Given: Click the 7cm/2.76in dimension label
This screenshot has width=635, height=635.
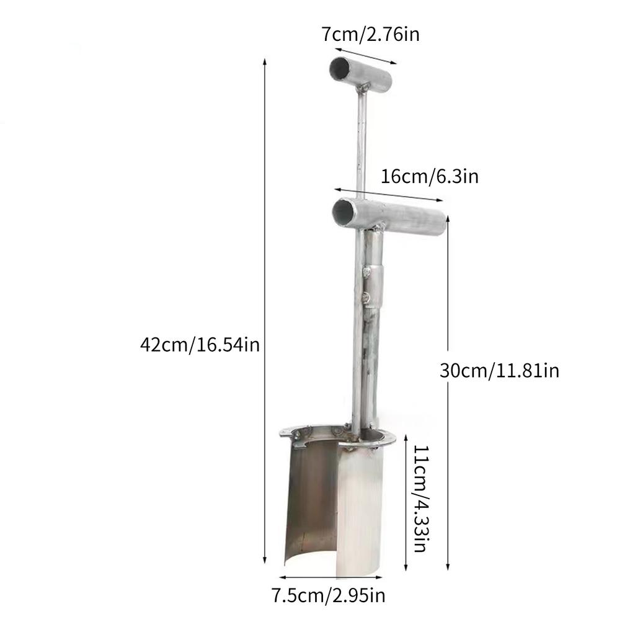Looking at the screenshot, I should (370, 34).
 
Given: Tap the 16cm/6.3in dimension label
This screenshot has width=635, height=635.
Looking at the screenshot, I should (429, 177).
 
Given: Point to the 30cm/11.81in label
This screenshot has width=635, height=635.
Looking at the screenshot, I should (499, 371).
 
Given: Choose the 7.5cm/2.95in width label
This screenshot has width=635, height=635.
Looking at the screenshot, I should (329, 596).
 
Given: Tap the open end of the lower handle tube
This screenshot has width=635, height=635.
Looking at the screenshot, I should (344, 211).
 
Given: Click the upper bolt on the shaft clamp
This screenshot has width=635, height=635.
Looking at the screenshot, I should (368, 271).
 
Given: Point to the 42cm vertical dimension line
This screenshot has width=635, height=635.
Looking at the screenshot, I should (265, 310).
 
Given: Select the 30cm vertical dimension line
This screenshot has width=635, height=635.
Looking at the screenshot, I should (448, 397).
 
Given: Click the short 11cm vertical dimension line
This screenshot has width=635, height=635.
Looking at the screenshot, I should (406, 502).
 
